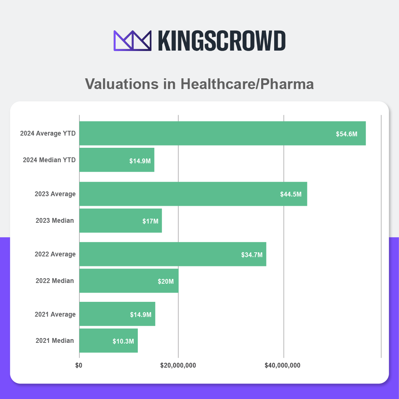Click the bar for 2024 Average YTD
click(222, 133)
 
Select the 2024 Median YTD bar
click(117, 160)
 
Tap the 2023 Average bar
click(193, 194)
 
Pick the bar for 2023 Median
click(120, 221)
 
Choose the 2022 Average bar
click(173, 254)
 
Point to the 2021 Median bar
click(108, 341)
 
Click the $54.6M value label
click(347, 134)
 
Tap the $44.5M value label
click(291, 194)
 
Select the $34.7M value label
click(252, 255)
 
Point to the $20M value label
click(166, 282)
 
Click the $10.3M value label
click(123, 341)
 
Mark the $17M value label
click(150, 221)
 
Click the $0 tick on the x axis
click(79, 365)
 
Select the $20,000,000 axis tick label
click(178, 365)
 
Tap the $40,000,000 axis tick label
click(283, 365)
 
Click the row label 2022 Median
click(55, 281)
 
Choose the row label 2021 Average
click(55, 314)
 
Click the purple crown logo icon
click(133, 41)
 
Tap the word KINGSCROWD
click(222, 41)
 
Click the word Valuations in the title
click(122, 84)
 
